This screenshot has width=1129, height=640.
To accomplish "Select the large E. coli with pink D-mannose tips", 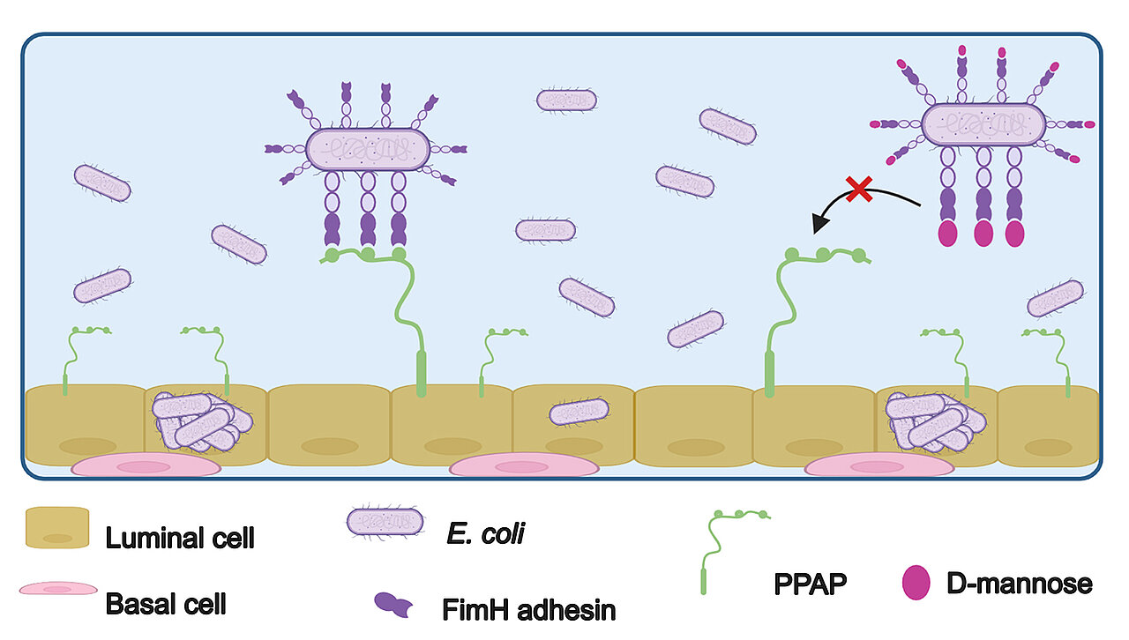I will click(983, 125).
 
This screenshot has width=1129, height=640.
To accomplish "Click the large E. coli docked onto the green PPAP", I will click(368, 148).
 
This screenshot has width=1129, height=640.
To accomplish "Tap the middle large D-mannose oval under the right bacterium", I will click(983, 234).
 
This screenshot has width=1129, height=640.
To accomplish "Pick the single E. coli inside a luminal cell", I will click(579, 412).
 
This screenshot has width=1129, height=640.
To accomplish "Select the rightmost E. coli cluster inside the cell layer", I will click(933, 420).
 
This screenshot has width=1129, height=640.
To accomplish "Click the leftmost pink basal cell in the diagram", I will click(146, 465).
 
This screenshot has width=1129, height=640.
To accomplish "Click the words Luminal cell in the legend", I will click(180, 537).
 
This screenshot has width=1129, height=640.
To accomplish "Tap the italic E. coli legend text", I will click(486, 533).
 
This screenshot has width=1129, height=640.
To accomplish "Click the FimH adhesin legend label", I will click(527, 608).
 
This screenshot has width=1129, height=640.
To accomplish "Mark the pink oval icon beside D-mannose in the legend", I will click(916, 584).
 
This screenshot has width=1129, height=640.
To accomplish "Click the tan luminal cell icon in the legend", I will click(57, 527).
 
